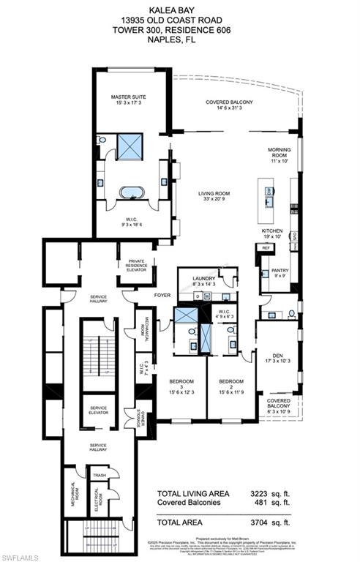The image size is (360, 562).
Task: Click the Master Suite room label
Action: click(x=130, y=100)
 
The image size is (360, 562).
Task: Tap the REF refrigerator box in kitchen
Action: click(x=265, y=249)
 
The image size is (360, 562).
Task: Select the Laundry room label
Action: click(x=204, y=282)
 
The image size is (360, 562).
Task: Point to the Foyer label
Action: click(x=162, y=296)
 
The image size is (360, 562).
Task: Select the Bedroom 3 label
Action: click(x=181, y=385)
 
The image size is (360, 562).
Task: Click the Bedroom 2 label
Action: click(x=230, y=385)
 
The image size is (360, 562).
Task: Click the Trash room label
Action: click(x=97, y=475)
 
